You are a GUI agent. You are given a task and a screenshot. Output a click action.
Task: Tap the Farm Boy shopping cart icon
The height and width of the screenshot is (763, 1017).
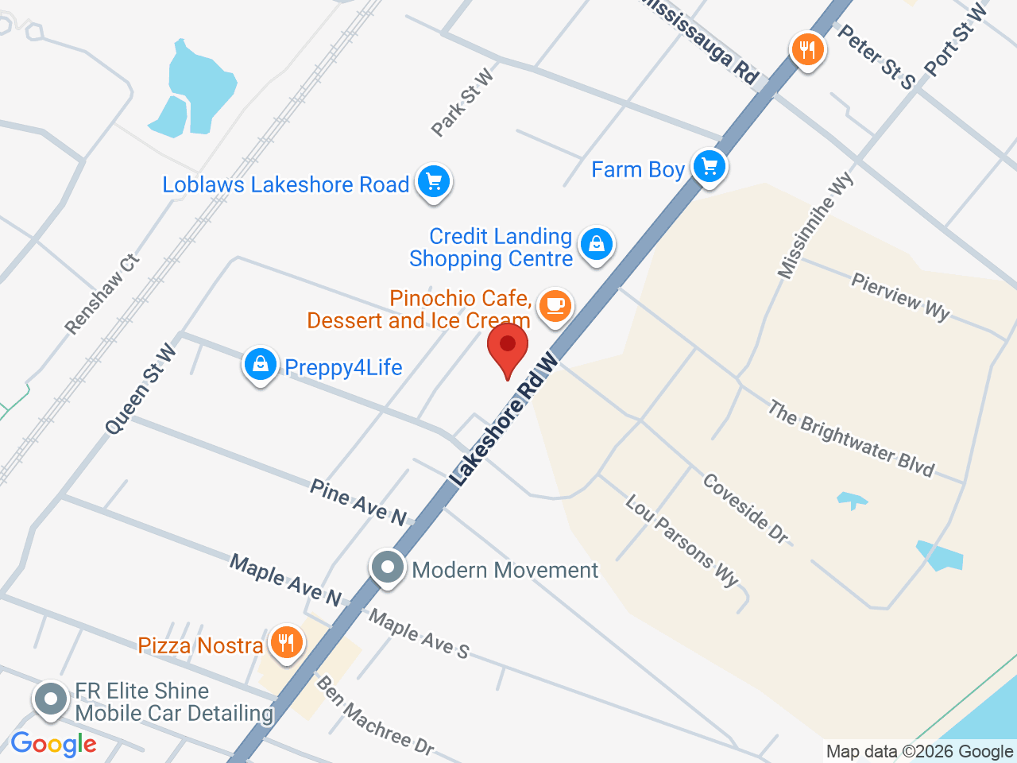tap(710, 167)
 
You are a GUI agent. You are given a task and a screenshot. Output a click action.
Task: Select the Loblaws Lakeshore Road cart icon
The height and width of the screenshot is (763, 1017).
tap(433, 182)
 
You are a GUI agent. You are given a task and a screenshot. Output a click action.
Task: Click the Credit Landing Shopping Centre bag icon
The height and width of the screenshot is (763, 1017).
tap(597, 244)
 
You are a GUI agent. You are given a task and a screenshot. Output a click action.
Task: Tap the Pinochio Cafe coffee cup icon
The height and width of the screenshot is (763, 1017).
tap(555, 306)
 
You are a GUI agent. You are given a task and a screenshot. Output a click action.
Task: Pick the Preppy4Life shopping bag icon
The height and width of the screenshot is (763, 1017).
tap(260, 365)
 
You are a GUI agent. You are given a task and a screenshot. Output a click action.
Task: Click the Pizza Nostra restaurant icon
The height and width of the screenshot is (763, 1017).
tap(287, 641)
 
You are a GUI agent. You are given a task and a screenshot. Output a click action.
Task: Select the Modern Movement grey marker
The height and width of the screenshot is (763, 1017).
tap(388, 568)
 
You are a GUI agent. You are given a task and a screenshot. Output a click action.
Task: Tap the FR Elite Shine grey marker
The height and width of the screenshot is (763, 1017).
tap(52, 700)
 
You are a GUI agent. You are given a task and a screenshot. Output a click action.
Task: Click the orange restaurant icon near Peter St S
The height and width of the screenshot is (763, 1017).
tap(807, 50)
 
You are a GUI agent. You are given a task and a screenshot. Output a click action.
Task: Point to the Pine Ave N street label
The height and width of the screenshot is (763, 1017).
tap(358, 502)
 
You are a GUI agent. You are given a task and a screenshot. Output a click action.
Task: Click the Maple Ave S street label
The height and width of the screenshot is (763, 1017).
tap(419, 633)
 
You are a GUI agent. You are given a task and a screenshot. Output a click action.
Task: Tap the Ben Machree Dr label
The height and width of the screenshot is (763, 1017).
tap(375, 715)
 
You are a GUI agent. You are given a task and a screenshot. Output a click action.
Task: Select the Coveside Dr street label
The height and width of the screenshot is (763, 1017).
tap(745, 509)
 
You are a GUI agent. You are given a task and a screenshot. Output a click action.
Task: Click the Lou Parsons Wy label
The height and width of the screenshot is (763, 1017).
tap(682, 540)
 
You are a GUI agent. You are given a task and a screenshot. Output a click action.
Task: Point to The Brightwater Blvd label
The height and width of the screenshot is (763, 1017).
tap(851, 438)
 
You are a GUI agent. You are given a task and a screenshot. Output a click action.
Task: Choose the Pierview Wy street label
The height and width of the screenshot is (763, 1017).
tap(900, 296)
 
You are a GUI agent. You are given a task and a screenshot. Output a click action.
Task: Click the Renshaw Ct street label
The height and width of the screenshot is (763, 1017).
tap(102, 294)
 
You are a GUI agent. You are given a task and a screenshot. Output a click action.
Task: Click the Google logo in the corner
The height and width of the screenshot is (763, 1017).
tap(54, 745)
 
